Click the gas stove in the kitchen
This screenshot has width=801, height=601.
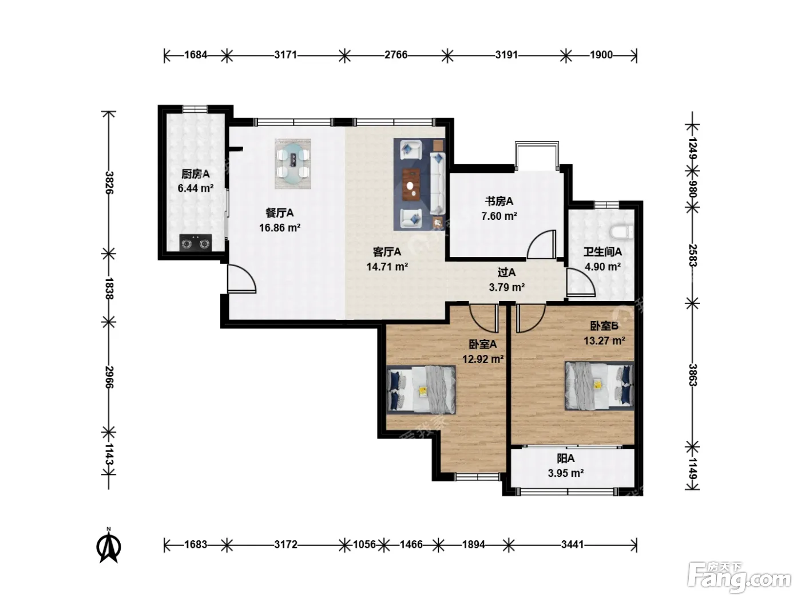point(196,243)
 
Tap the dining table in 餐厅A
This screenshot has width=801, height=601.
point(293,164)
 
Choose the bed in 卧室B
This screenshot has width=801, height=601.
point(599,385)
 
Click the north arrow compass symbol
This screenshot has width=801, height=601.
point(108,546)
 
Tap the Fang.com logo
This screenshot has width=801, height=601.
point(739,578)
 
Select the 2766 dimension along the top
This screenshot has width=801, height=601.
point(396,55)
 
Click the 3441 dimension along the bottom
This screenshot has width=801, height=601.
point(572,544)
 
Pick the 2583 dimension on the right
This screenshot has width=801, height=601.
point(692,255)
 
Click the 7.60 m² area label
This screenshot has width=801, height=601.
point(499,216)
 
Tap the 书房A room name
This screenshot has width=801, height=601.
point(499,201)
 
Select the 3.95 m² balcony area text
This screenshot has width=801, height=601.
point(566,473)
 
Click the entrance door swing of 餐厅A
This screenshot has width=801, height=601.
point(241,279)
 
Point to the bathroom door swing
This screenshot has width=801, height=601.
point(581,282)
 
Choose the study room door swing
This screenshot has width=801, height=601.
point(542,244)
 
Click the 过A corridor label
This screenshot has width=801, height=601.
point(506,272)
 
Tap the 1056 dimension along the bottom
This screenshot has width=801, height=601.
point(364,544)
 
